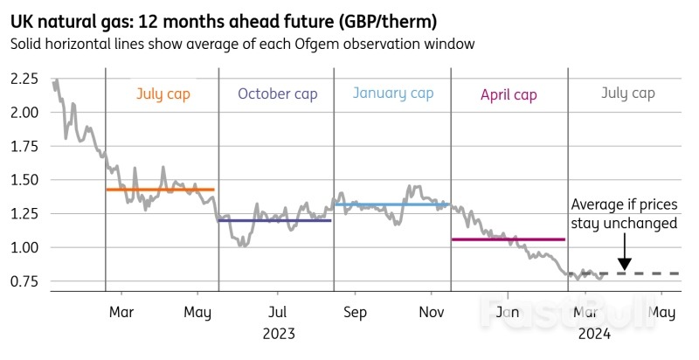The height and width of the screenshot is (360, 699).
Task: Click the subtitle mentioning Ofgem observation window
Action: click(242, 44)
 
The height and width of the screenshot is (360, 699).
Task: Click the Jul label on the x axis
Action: click(277, 313)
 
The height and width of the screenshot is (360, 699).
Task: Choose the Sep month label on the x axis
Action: click(355, 313)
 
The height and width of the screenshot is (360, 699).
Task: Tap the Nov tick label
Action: click(432, 313)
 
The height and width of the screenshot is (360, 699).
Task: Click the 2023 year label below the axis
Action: click(277, 333)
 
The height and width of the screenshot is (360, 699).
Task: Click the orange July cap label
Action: click(163, 93)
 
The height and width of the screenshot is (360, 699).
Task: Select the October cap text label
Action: click(275, 94)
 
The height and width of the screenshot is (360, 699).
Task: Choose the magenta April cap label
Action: click(509, 94)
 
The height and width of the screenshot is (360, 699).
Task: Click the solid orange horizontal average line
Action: click(160, 190)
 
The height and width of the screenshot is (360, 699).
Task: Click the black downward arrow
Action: click(624, 260)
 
